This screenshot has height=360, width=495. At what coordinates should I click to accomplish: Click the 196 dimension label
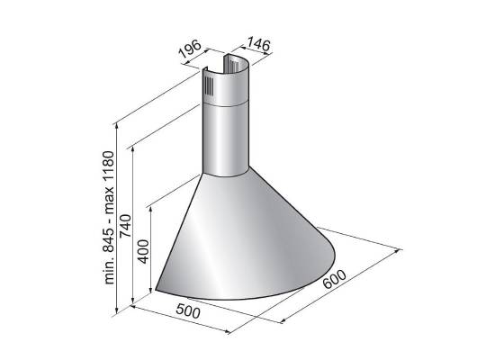(x=190, y=49)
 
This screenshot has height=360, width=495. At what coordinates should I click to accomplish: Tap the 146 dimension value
(x=258, y=44)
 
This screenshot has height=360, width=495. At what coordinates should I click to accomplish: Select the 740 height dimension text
(x=125, y=226)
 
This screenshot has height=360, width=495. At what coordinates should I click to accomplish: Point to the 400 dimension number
(x=143, y=251)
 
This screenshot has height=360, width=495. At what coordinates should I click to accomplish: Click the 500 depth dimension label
(x=188, y=311)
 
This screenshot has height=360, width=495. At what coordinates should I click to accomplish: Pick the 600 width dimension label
(x=335, y=279)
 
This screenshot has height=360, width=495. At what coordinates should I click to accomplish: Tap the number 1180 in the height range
(x=109, y=166)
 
